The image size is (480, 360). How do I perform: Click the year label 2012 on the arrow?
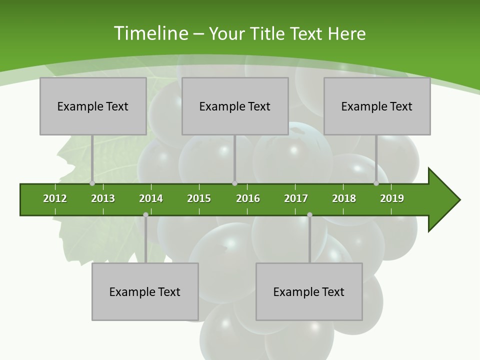(x=55, y=198)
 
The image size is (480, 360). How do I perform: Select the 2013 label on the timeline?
(x=103, y=198)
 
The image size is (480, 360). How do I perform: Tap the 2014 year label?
(x=151, y=198)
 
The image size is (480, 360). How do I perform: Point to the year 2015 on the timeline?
(x=199, y=198)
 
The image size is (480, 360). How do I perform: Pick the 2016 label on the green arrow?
(x=248, y=198)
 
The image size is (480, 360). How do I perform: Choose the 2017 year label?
(x=296, y=198)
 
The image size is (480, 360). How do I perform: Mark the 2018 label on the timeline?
(x=344, y=198)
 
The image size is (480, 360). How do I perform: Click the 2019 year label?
(x=392, y=198)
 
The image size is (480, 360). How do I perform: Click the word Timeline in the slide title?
(x=150, y=33)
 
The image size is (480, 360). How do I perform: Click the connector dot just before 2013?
(x=92, y=183)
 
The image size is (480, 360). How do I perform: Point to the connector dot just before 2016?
(x=234, y=183)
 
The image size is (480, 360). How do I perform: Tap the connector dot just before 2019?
(x=376, y=183)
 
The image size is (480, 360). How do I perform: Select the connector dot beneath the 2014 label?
(x=145, y=214)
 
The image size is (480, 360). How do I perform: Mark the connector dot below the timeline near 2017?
(x=309, y=214)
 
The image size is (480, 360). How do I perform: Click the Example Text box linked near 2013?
(x=93, y=106)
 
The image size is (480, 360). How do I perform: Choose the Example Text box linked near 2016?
(x=235, y=106)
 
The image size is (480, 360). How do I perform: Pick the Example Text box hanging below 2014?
(x=145, y=291)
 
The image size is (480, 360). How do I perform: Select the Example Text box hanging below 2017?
(x=309, y=291)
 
